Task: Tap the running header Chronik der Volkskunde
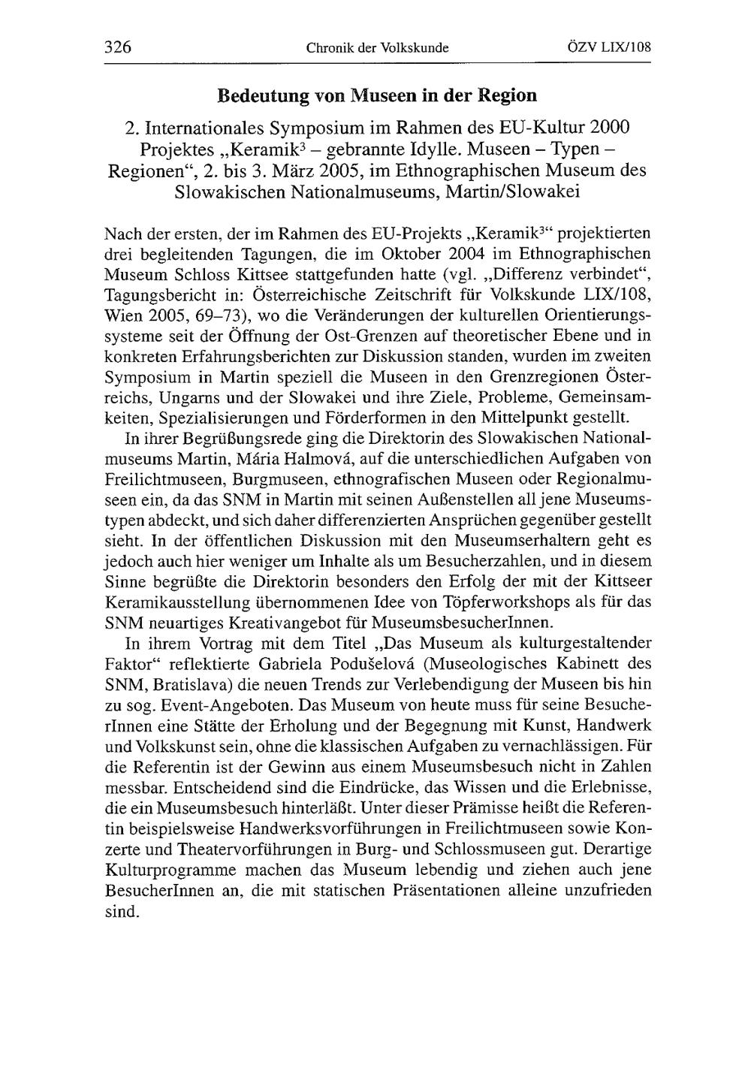377,48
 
